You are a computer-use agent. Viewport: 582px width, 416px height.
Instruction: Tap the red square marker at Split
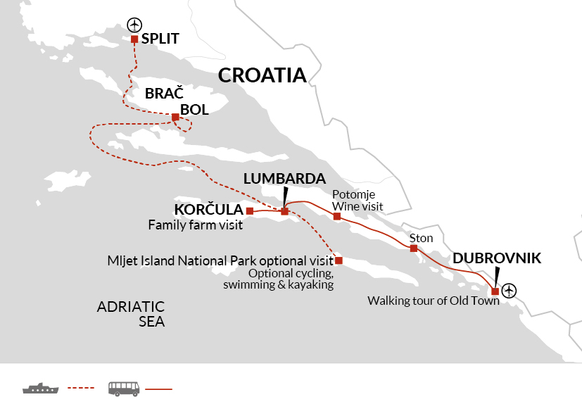[134, 39]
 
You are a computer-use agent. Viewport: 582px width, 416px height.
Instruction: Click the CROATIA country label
[262, 75]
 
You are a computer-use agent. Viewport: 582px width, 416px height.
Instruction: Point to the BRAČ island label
[164, 94]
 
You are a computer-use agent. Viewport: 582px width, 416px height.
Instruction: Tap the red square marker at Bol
[175, 117]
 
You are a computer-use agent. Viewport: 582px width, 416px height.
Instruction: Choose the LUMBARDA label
[284, 179]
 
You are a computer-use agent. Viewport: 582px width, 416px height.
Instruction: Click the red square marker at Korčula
[250, 210]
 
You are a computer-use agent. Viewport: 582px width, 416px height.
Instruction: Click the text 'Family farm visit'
[195, 226]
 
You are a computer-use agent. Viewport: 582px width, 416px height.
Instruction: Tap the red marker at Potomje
[337, 216]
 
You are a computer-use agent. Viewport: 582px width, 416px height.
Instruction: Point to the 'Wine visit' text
[358, 206]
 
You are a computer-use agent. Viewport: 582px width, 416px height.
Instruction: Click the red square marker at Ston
[414, 248]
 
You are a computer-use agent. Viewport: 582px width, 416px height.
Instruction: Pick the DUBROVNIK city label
[497, 258]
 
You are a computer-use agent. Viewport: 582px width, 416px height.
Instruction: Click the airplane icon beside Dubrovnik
[510, 289]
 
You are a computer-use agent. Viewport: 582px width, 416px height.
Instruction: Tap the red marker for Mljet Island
[339, 260]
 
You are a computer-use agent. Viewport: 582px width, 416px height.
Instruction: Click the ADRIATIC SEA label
[131, 314]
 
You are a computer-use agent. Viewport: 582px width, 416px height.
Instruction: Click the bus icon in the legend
[123, 388]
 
